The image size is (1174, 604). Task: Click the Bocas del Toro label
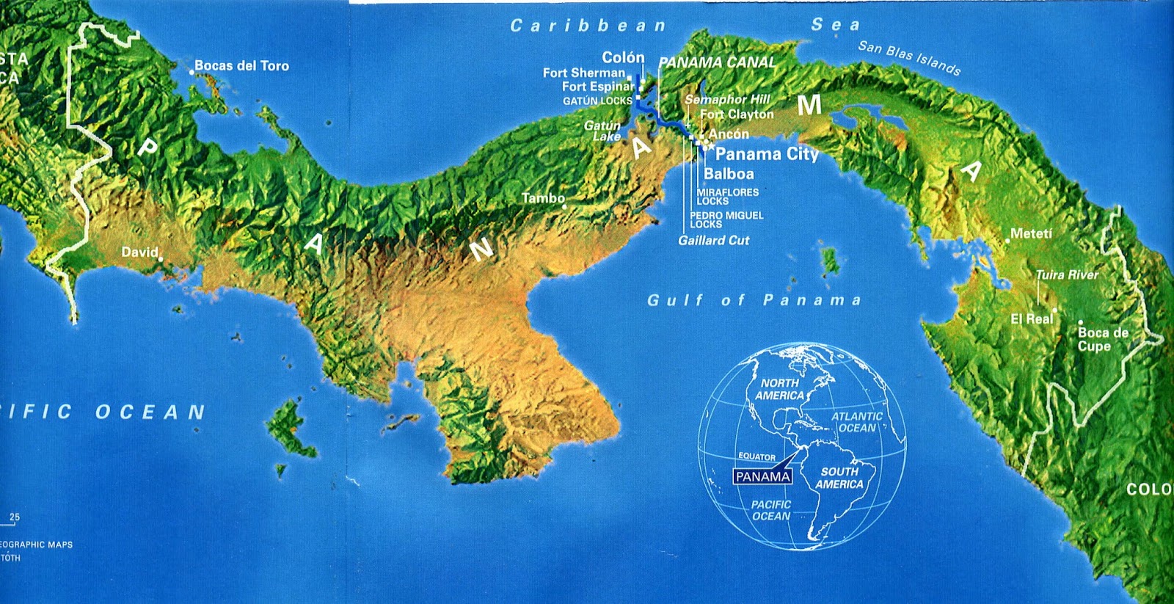point(241,66)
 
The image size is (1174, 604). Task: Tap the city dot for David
point(161,258)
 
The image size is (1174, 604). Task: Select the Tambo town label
point(543,198)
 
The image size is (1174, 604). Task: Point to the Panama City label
point(767,154)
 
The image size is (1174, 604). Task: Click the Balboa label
point(729,174)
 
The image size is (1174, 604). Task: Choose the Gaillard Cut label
point(714,241)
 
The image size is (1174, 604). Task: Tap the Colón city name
point(623,57)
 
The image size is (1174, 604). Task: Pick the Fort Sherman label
point(583,73)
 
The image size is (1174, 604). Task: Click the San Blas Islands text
point(909,58)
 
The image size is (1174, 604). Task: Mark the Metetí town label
point(1031,234)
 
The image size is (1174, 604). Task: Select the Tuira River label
point(1067,275)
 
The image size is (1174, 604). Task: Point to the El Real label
point(1032,319)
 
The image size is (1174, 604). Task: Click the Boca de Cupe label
point(1102,339)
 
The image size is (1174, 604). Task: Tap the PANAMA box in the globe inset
point(763,476)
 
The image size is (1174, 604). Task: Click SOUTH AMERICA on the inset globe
point(839,478)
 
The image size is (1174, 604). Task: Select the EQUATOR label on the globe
point(756,457)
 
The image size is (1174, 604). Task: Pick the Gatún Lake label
point(603,131)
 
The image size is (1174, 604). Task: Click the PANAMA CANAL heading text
point(717,63)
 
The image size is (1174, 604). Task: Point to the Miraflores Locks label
point(727,197)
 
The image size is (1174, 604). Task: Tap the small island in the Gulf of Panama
point(830,261)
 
